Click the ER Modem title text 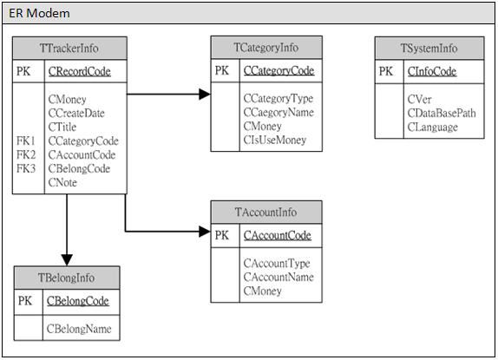(39, 13)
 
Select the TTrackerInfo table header (69, 49)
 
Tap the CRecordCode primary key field (80, 71)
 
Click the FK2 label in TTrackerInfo (26, 155)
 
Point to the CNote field (62, 182)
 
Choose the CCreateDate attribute (76, 113)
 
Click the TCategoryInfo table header (266, 48)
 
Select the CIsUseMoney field (275, 140)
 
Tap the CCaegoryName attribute (278, 113)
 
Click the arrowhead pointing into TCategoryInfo (205, 94)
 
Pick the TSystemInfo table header (429, 49)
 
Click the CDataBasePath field (442, 113)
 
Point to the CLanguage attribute (433, 128)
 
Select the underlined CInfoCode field (432, 71)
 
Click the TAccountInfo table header (266, 212)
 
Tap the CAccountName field (278, 277)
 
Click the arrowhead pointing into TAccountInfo (205, 232)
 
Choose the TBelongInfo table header (67, 278)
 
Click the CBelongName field (79, 329)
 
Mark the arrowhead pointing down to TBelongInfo (67, 260)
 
